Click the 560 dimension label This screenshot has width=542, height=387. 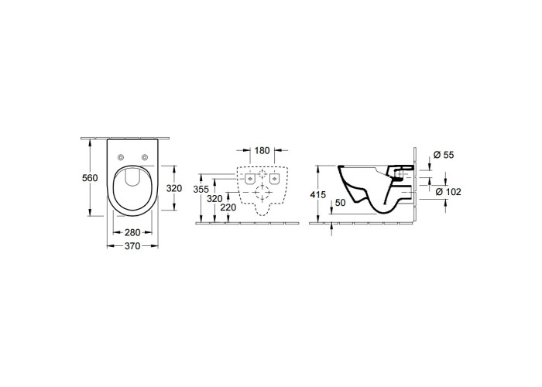[x=90, y=178]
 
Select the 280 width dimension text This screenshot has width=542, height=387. [x=132, y=232]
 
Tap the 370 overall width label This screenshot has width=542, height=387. [x=132, y=246]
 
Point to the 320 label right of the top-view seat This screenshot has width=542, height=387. [x=174, y=189]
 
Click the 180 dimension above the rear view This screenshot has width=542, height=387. [x=262, y=151]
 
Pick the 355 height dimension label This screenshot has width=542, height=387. [x=201, y=190]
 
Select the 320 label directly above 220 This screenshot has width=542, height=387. [x=214, y=199]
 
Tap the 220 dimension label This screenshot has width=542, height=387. [x=228, y=207]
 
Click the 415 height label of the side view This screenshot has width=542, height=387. [x=317, y=195]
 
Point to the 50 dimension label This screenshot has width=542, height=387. [x=340, y=203]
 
